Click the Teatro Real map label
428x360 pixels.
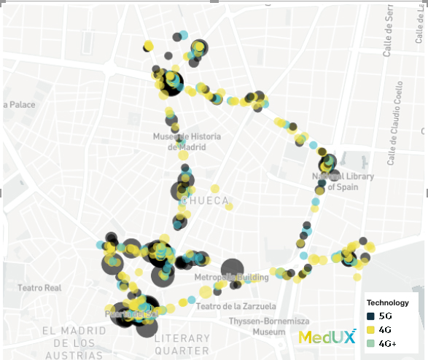[40, 288]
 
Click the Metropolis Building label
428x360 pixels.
[232, 278]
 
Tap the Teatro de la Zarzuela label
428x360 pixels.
[236, 306]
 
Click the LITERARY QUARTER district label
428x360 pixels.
[192, 343]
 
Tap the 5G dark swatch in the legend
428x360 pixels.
[370, 316]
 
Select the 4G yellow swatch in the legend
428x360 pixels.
[370, 329]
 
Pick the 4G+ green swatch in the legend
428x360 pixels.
[370, 343]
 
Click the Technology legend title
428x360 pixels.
[387, 302]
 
